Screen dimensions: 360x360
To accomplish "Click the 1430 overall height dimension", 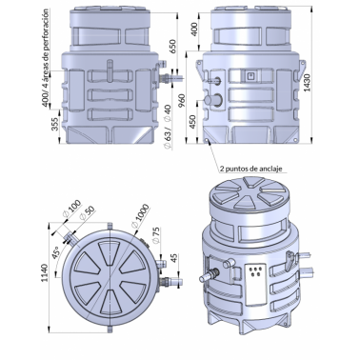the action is pyautogui.click(x=308, y=83).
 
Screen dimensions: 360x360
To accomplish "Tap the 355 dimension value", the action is pyautogui.click(x=54, y=125).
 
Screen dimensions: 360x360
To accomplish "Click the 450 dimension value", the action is pyautogui.click(x=192, y=121).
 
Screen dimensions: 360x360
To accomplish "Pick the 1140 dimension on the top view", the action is pyautogui.click(x=44, y=272).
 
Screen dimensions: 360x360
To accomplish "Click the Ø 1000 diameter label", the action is pyautogui.click(x=140, y=215).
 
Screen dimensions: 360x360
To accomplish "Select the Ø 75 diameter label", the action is pyautogui.click(x=155, y=235).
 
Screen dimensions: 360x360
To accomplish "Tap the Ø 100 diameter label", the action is pyautogui.click(x=72, y=208).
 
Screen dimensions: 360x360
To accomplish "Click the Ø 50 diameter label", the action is pyautogui.click(x=86, y=212).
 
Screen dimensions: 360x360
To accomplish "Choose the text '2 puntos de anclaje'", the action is pyautogui.click(x=250, y=169).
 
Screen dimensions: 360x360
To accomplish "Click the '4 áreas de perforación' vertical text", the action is pyautogui.click(x=46, y=48).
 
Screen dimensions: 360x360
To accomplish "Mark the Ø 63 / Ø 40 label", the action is pyautogui.click(x=168, y=127).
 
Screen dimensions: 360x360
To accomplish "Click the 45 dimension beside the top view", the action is pyautogui.click(x=173, y=259).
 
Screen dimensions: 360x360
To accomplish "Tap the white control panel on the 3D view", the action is pyautogui.click(x=256, y=284).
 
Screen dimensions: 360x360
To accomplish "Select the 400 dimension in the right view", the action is pyautogui.click(x=195, y=30).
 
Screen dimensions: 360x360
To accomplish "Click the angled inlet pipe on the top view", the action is pyautogui.click(x=70, y=239).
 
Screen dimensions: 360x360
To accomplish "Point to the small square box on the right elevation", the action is pyautogui.click(x=250, y=75).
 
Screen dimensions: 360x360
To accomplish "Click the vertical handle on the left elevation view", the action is pyautogui.click(x=110, y=70).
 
